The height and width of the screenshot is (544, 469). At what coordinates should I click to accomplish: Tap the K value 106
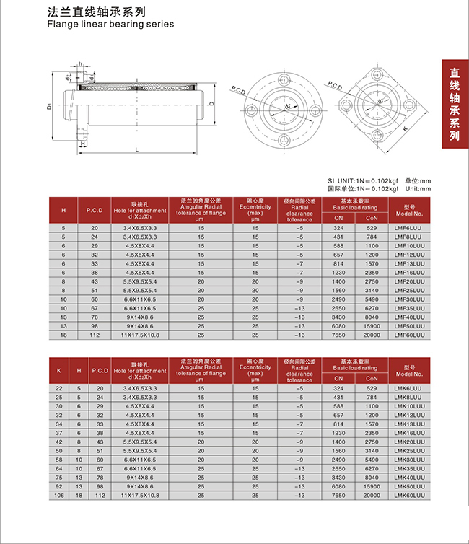58,496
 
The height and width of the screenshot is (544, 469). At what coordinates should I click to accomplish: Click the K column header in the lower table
58,370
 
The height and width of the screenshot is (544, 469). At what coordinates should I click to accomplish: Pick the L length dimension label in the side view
136,149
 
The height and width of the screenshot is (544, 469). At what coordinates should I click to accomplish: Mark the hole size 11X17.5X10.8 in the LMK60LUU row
140,496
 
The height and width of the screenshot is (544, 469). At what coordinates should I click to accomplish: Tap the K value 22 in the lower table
58,387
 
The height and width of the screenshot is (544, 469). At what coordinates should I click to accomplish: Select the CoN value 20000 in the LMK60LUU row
372,496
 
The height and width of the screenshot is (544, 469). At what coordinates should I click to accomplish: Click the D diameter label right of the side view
210,104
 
